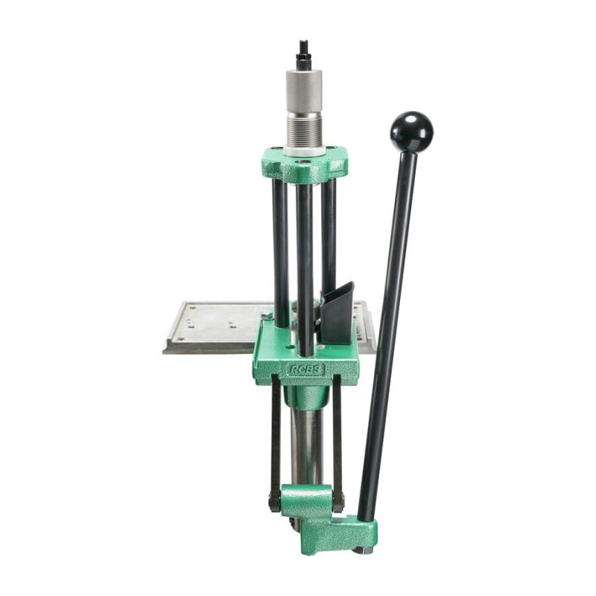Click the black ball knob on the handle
pos(412,133)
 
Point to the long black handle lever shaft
pos(387,335)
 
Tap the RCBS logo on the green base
pos(306,370)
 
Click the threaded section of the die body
pos(305,130)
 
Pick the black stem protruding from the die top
pos(304,55)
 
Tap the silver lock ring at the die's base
pos(305,151)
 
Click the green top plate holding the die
pos(305,164)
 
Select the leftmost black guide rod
pos(281,253)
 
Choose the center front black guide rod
pos(305,270)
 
